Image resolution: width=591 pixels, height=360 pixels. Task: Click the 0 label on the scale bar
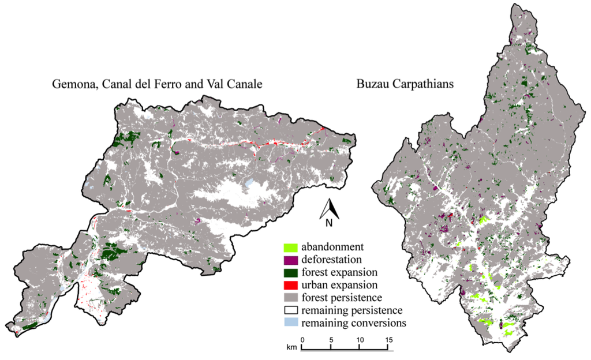point(302,339)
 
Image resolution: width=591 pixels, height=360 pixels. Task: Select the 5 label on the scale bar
point(331,339)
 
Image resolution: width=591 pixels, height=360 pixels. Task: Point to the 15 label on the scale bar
point(390,339)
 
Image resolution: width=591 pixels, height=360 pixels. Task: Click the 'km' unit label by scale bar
point(293,348)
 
